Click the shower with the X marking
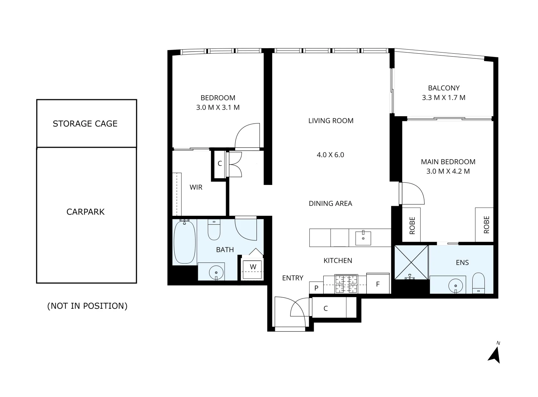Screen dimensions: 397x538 click(411, 262)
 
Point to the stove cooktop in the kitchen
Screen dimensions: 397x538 click(346, 284)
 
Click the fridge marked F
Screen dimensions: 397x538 click(378, 284)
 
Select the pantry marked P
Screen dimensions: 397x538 click(316, 288)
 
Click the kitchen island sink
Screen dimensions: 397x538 click(363, 238)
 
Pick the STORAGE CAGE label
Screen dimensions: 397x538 click(85, 124)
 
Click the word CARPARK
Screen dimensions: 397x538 click(86, 212)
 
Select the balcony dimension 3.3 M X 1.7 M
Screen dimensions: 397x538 click(444, 98)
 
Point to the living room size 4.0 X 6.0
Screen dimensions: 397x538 click(330, 155)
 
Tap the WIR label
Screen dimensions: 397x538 click(196, 187)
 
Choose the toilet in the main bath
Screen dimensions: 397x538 click(214, 230)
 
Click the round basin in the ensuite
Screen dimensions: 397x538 click(455, 285)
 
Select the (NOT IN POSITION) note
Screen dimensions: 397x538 click(87, 306)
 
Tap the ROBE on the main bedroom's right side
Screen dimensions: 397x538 click(486, 224)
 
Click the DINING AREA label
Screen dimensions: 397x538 click(330, 203)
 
